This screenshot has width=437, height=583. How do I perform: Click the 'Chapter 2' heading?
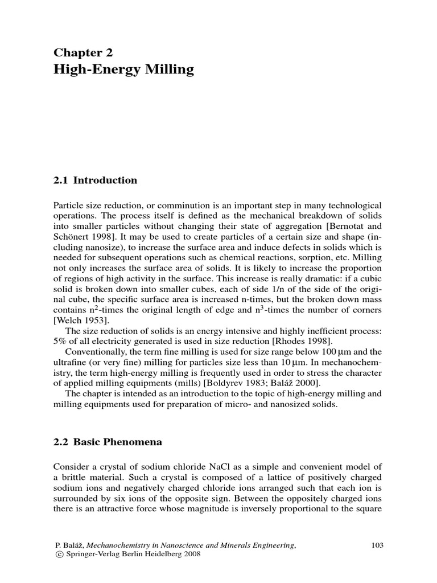point(83,53)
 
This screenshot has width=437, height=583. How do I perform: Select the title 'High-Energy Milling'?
point(123,70)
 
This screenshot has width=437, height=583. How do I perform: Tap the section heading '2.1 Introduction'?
point(95,180)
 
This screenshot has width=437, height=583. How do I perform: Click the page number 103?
point(377,545)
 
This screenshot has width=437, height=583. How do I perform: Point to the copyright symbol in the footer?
point(57,555)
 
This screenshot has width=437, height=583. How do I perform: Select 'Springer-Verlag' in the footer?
point(90,555)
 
